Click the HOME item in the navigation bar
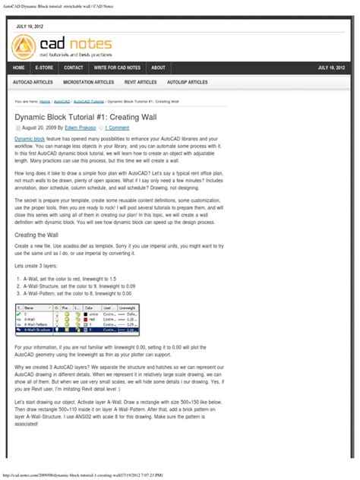point(19,68)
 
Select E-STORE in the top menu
point(45,68)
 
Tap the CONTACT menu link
point(74,68)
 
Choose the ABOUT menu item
point(158,68)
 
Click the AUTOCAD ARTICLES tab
point(33,82)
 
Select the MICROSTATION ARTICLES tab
point(88,82)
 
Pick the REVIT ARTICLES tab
point(141,82)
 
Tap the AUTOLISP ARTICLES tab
point(187,82)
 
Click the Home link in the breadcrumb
point(45,101)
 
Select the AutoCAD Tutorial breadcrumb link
point(89,101)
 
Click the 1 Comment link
point(117,128)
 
